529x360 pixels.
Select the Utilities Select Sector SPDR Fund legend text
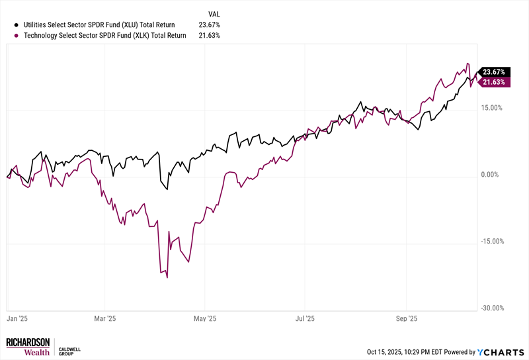click(x=104, y=24)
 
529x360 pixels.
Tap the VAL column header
click(x=214, y=13)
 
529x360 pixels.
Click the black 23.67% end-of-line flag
click(x=494, y=71)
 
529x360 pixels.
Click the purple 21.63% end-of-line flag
click(x=494, y=82)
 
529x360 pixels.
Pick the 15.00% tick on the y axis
click(x=493, y=108)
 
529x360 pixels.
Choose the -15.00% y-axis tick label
click(x=491, y=242)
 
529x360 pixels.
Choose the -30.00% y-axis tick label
click(x=491, y=308)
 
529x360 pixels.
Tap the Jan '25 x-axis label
click(x=17, y=318)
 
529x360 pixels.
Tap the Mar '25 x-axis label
click(x=105, y=318)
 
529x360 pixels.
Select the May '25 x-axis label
click(x=205, y=318)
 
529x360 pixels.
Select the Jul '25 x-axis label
click(x=305, y=318)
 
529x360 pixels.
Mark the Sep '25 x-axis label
click(x=406, y=318)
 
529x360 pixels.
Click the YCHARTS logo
click(x=501, y=352)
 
